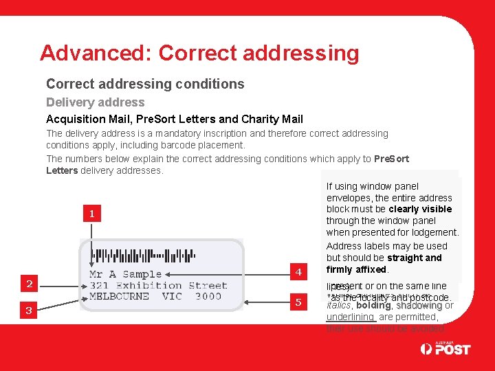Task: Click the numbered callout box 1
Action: coord(92,214)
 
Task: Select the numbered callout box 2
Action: coord(29,283)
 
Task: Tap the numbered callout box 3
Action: coord(29,311)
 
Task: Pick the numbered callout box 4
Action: coord(298,272)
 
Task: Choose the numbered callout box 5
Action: coord(298,302)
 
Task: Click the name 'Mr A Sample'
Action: coord(126,274)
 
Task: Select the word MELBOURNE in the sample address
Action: coord(120,297)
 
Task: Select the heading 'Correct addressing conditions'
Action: coord(145,84)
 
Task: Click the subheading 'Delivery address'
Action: coord(95,102)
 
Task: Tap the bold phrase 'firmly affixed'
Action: coord(356,269)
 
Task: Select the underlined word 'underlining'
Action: coord(350,317)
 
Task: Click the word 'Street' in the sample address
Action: coord(207,285)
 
